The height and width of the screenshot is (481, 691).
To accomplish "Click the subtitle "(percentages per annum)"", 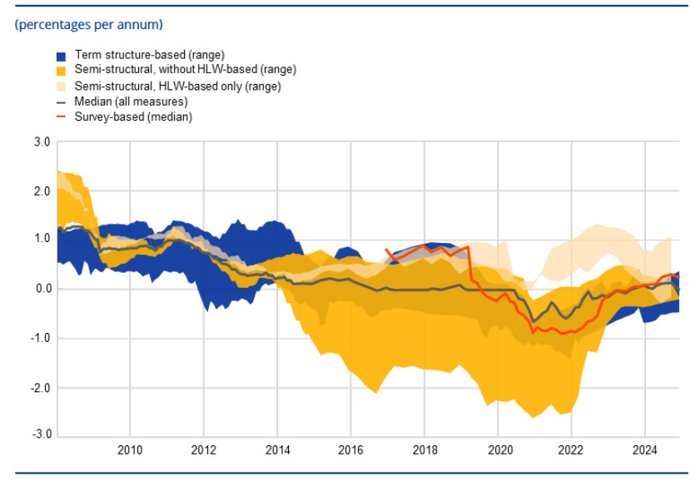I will (88, 24).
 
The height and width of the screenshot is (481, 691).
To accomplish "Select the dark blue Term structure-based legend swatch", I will (61, 56).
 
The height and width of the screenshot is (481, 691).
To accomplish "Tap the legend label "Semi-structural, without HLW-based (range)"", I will (185, 70).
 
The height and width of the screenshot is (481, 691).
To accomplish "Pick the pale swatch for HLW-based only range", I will (61, 86).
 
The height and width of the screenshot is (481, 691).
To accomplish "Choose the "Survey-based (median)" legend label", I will (133, 117).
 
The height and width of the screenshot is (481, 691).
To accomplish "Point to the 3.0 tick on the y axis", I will (42, 143).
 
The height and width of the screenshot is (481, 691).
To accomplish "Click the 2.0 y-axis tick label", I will (42, 191).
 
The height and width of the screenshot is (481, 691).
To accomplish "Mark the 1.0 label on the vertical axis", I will (42, 240).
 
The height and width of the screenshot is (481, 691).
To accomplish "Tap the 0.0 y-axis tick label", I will (42, 289).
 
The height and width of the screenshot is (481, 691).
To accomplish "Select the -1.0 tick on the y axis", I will (40, 338).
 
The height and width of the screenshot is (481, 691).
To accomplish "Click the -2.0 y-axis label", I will (40, 388).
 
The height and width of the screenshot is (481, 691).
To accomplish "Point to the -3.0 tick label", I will (40, 435).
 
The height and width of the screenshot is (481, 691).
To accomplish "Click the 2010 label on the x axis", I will (130, 451).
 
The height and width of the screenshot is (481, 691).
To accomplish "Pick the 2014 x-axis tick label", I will (277, 451).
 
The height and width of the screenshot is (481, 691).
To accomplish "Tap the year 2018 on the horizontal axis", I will (425, 451).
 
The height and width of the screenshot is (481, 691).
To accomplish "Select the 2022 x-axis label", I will (571, 451).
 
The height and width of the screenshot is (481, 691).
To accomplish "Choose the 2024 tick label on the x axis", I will (644, 451).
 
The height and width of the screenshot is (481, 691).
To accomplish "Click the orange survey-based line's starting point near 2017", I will (386, 249).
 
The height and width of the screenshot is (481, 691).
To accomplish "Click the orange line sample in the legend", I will (61, 117).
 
